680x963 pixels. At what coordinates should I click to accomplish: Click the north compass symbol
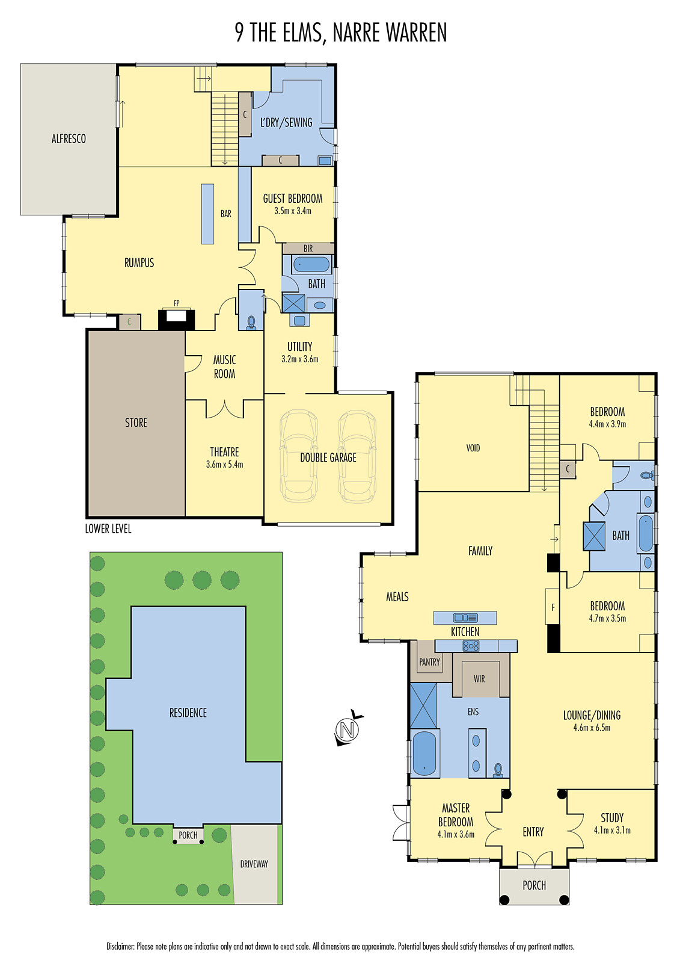click(x=347, y=729)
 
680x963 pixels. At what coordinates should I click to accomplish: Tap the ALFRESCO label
click(x=69, y=139)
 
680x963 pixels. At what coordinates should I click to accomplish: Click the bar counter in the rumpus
click(x=207, y=214)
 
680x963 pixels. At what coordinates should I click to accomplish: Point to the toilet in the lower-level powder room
click(x=251, y=323)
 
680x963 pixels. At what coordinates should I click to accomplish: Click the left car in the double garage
click(x=298, y=456)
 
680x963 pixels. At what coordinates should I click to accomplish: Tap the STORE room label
click(x=136, y=423)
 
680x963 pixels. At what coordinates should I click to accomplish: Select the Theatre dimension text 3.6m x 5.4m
click(x=224, y=465)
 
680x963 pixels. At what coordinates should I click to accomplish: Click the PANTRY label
click(x=429, y=662)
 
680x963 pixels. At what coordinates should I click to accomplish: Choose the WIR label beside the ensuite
click(x=479, y=679)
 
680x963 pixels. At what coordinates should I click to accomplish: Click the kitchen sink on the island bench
click(x=465, y=618)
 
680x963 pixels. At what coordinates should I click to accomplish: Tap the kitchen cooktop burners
click(x=471, y=646)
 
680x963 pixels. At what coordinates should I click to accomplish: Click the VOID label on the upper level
click(x=473, y=448)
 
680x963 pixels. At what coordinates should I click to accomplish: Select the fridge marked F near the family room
click(x=553, y=607)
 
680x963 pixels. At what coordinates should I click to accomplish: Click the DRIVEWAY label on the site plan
click(x=254, y=864)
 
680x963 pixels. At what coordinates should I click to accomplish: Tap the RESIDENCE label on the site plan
click(x=188, y=713)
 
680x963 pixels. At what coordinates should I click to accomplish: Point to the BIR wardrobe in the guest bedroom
click(x=308, y=248)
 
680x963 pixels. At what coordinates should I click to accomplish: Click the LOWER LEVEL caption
click(x=108, y=529)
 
